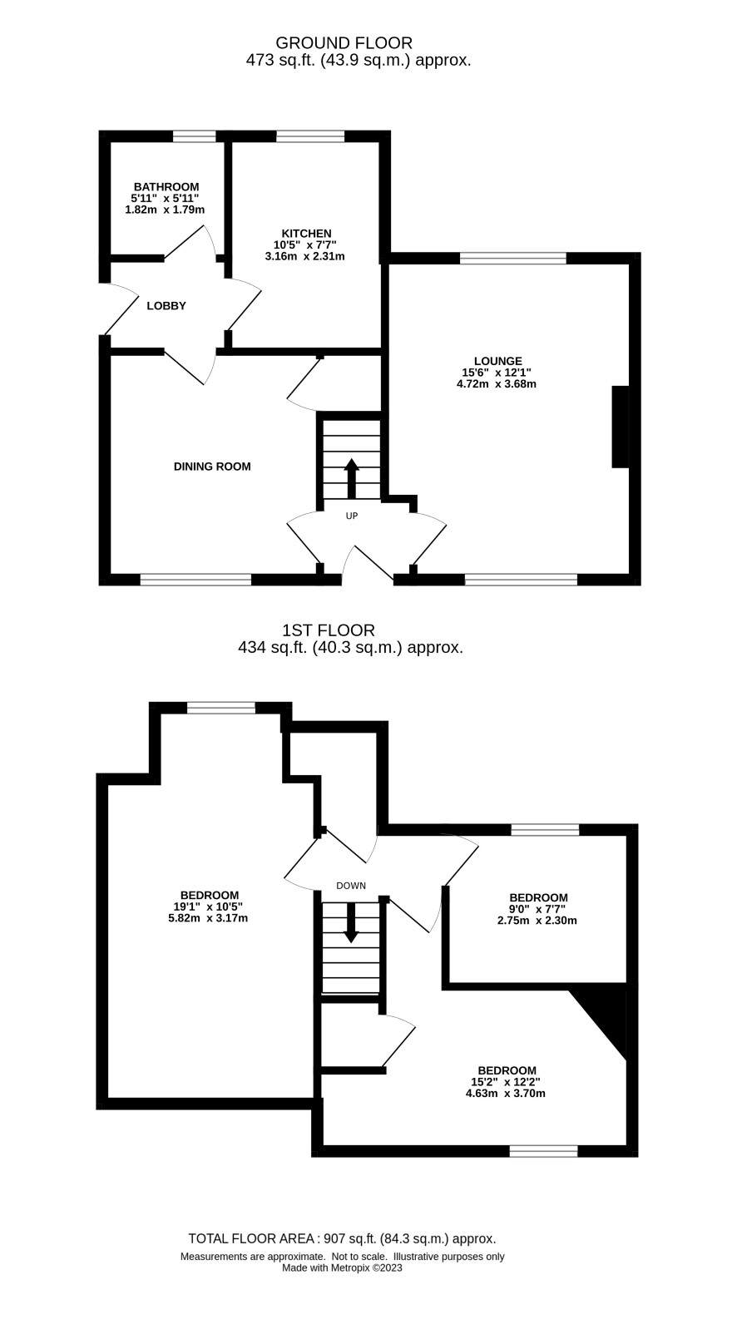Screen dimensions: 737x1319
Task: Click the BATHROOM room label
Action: pyautogui.click(x=166, y=186)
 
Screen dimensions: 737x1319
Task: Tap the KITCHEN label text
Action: pyautogui.click(x=306, y=233)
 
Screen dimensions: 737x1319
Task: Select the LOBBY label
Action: pyautogui.click(x=166, y=305)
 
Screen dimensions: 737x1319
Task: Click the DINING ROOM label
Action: pyautogui.click(x=212, y=467)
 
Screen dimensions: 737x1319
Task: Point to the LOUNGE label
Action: pyautogui.click(x=497, y=361)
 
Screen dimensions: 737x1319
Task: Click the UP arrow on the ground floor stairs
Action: pyautogui.click(x=352, y=478)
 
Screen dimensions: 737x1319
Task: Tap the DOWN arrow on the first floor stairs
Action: pyautogui.click(x=351, y=922)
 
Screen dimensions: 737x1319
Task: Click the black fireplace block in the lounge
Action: pyautogui.click(x=621, y=427)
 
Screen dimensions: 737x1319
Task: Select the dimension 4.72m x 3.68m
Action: pyautogui.click(x=496, y=384)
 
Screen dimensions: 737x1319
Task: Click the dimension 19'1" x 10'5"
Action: pyautogui.click(x=208, y=907)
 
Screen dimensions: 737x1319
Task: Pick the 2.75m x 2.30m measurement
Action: pyautogui.click(x=537, y=921)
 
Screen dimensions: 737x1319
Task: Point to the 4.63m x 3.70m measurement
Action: pyautogui.click(x=506, y=1094)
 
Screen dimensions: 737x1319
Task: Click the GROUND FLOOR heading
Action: pyautogui.click(x=344, y=43)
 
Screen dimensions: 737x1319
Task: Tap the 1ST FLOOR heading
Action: pyautogui.click(x=328, y=630)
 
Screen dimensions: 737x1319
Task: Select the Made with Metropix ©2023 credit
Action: pyautogui.click(x=342, y=1267)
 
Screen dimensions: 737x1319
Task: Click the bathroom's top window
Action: pyautogui.click(x=195, y=136)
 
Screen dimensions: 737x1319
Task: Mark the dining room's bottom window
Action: pyautogui.click(x=195, y=580)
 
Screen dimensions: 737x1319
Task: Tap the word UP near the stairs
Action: pyautogui.click(x=352, y=516)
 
